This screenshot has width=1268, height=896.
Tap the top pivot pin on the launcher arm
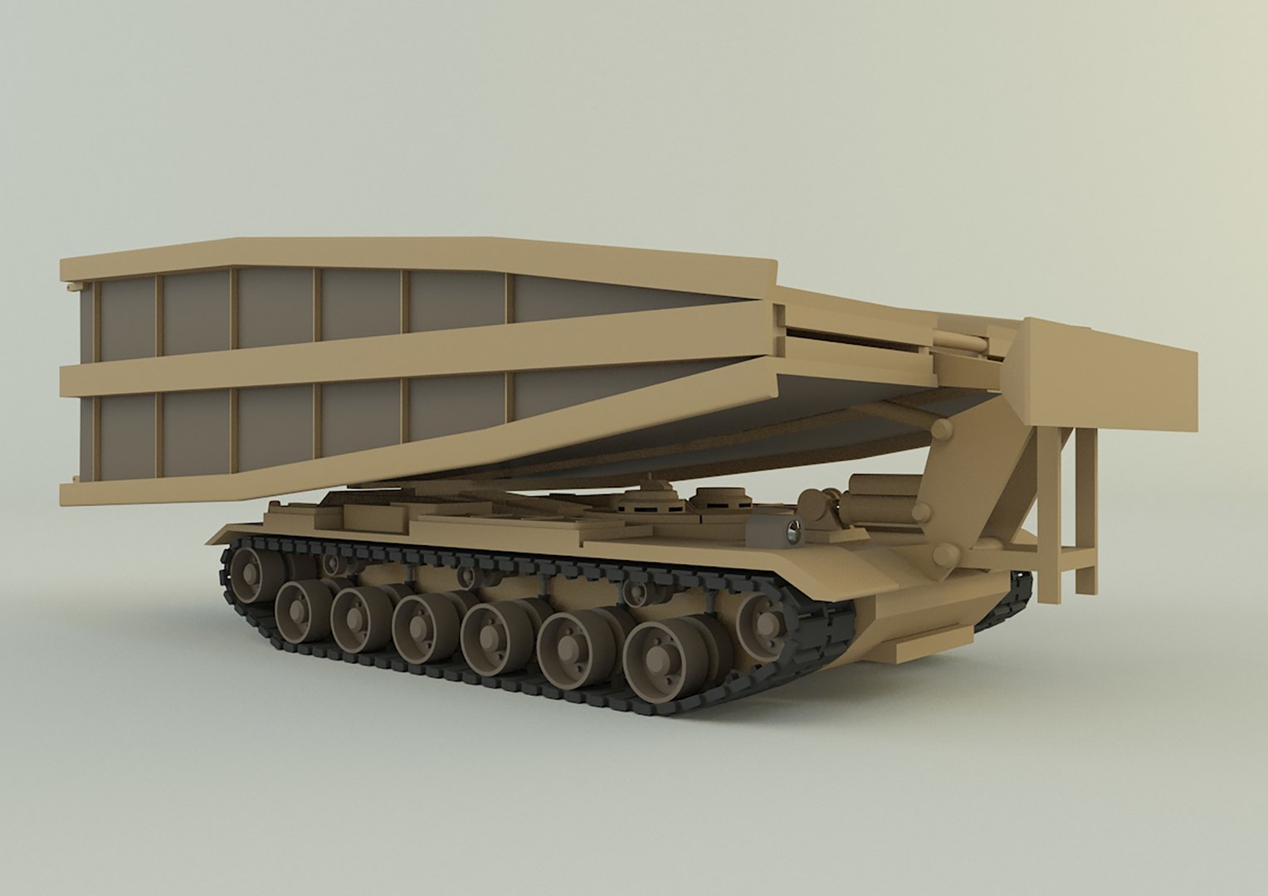(942, 430)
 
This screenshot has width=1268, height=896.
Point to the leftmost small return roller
(332, 564)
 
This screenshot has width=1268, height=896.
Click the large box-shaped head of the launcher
(1112, 373)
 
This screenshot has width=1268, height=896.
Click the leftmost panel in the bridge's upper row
(124, 319)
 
